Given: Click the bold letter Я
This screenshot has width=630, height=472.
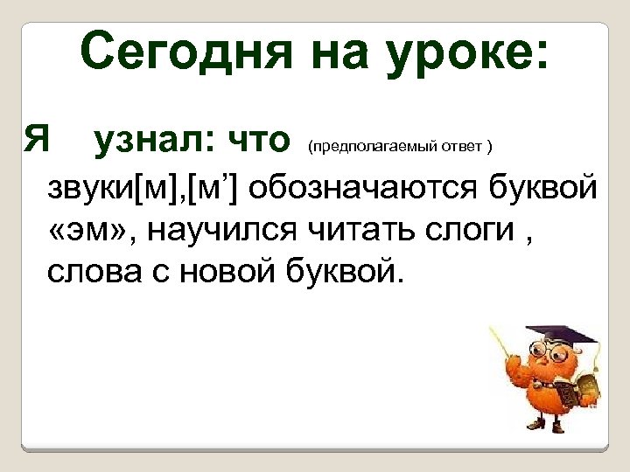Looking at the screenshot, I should click(36, 138).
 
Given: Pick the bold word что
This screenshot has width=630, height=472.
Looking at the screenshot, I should click(257, 138).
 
